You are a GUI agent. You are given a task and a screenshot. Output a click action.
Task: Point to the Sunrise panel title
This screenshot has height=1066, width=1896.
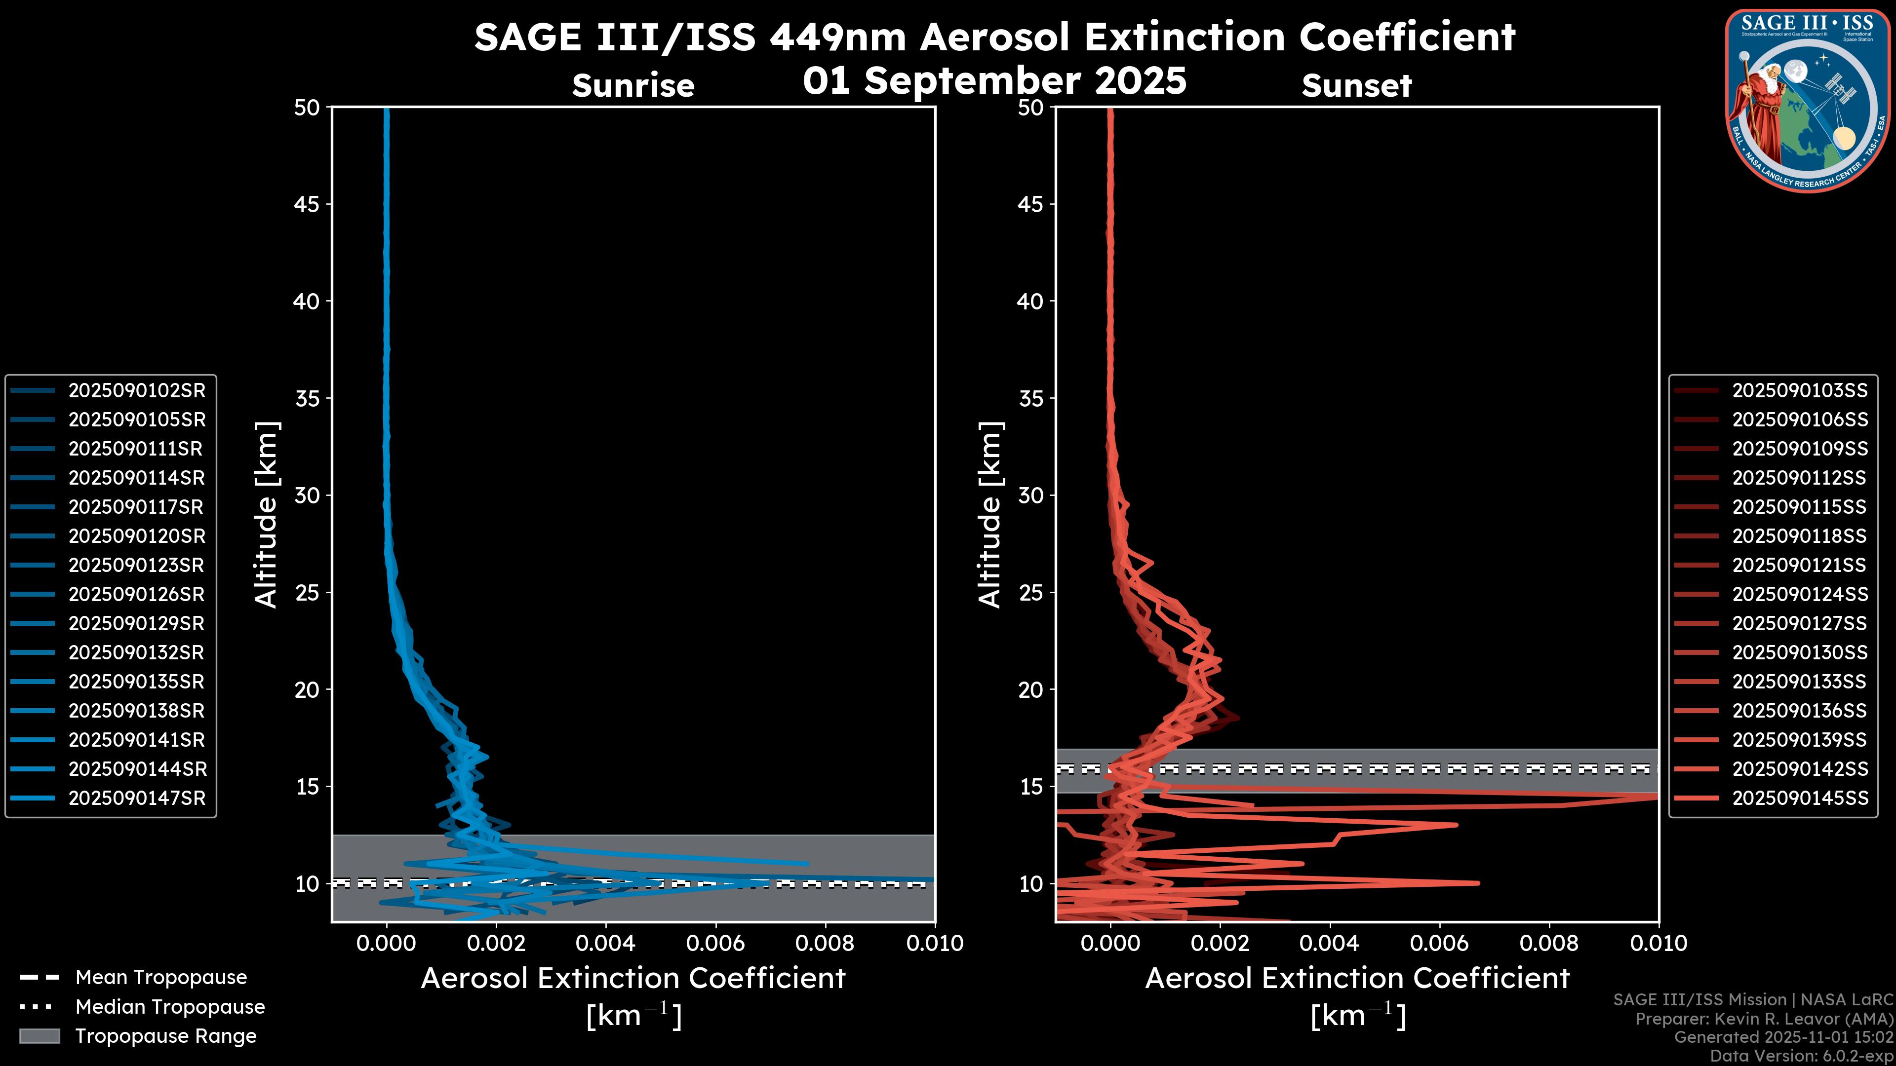click(x=633, y=86)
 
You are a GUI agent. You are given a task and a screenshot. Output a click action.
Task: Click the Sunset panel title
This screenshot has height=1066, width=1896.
click(x=1356, y=86)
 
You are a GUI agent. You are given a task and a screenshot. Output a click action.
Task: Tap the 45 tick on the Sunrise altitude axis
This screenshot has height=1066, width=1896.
click(x=307, y=204)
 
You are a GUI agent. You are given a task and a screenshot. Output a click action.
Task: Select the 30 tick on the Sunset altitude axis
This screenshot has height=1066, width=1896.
click(x=1031, y=495)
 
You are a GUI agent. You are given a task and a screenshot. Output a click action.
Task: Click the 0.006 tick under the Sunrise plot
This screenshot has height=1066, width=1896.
click(x=715, y=943)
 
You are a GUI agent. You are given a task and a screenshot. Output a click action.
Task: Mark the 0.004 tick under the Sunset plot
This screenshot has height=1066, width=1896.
click(x=1329, y=943)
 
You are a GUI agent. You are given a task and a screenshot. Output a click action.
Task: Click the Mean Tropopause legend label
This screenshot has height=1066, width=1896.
click(x=161, y=978)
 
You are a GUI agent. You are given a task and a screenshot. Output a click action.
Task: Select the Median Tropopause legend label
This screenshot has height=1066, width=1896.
click(x=170, y=1006)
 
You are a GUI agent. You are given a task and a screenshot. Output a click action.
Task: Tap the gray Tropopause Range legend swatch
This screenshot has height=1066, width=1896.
click(x=39, y=1036)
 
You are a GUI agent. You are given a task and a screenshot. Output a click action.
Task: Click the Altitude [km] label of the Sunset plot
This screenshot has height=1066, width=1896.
click(x=990, y=515)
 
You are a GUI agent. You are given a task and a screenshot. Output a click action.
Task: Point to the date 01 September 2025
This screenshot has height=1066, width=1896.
click(x=994, y=81)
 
